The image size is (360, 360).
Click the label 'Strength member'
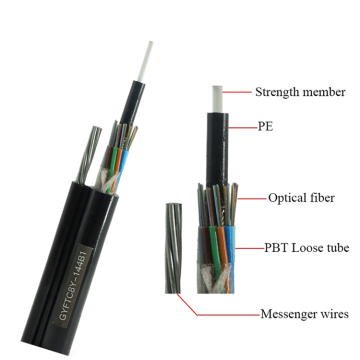tap(301, 93)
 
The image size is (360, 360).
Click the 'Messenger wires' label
tap(305, 314)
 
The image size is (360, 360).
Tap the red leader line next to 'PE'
tap(246, 127)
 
